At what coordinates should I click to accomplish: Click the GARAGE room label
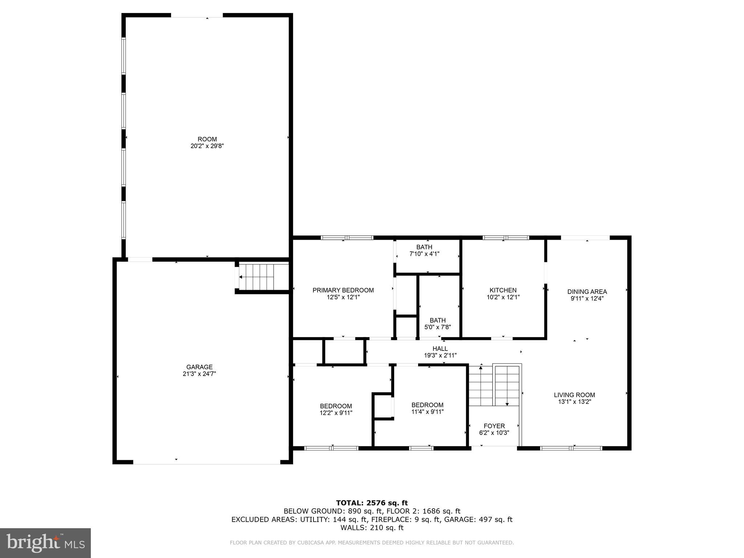tap(199, 367)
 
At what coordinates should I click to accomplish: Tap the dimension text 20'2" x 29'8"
tap(207, 146)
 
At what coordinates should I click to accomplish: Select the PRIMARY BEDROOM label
tap(343, 290)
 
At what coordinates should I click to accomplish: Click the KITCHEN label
tap(503, 290)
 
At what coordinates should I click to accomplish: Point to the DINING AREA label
tap(587, 292)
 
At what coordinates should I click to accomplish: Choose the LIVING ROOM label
tap(574, 395)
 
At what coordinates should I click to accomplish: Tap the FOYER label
tap(494, 426)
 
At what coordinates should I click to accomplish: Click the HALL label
tap(440, 349)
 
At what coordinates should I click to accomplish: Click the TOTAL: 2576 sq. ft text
tap(372, 503)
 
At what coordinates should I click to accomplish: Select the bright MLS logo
tap(45, 543)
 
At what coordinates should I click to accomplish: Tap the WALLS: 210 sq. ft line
tap(372, 527)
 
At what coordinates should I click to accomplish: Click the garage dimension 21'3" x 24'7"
tap(199, 374)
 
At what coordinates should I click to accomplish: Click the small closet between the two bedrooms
tap(383, 406)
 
